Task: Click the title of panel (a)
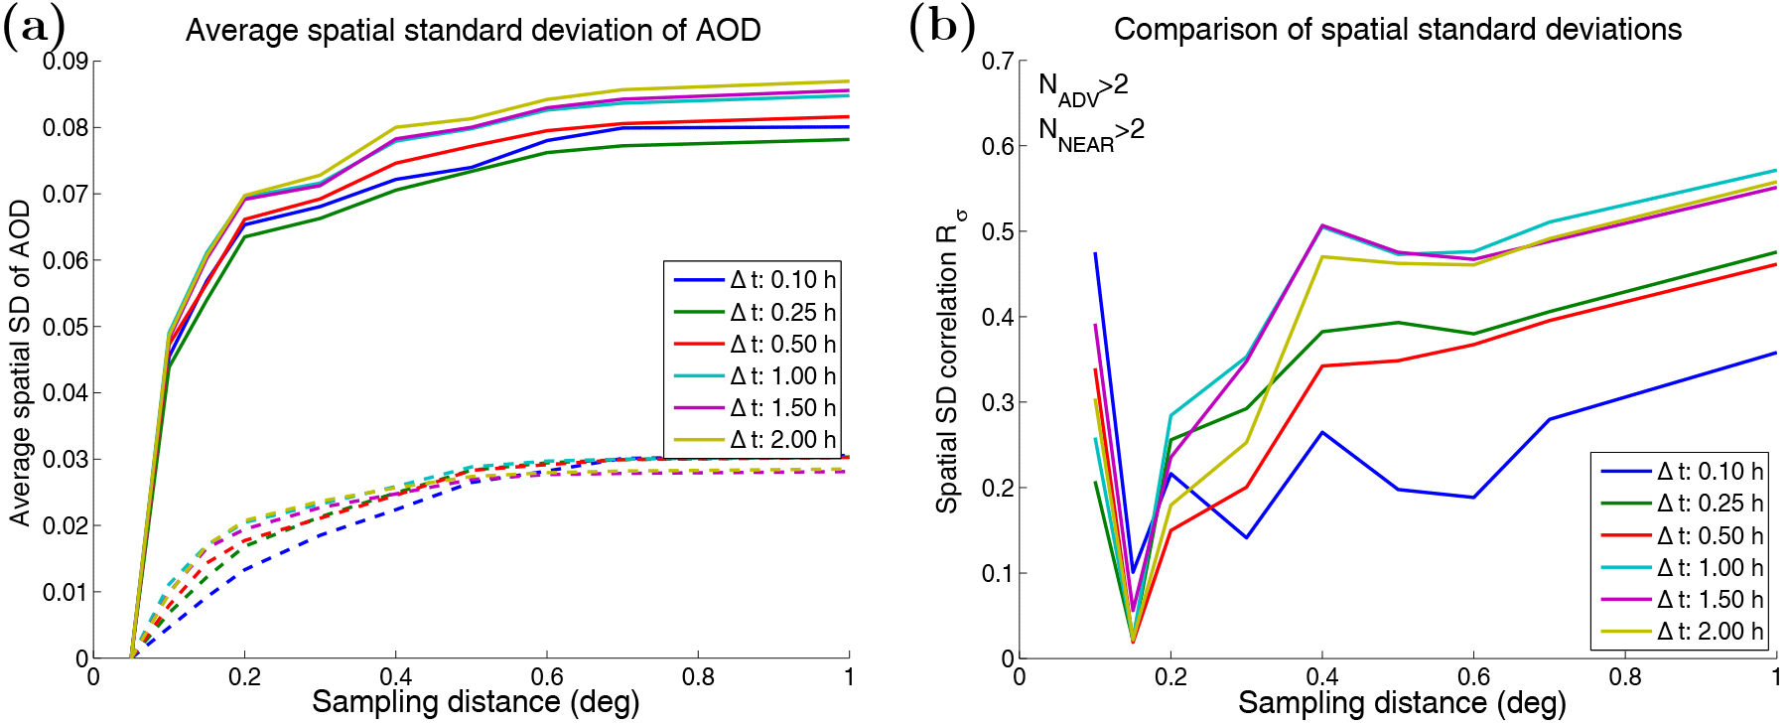[473, 31]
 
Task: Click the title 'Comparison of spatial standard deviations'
[1397, 30]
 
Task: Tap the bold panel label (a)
[34, 27]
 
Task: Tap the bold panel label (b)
[941, 27]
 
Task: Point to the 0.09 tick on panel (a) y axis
[65, 62]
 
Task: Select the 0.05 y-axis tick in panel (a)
[65, 327]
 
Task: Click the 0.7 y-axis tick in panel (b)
[998, 62]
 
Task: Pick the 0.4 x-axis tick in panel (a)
[395, 677]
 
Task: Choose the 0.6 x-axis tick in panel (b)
[1473, 677]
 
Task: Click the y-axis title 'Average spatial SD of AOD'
[20, 363]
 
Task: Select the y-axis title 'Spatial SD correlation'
[949, 363]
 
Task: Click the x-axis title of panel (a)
[476, 703]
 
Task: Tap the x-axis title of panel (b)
[1401, 704]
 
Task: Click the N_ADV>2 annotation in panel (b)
[1083, 87]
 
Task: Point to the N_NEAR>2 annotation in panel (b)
[1090, 132]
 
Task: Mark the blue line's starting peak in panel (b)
[1095, 253]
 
